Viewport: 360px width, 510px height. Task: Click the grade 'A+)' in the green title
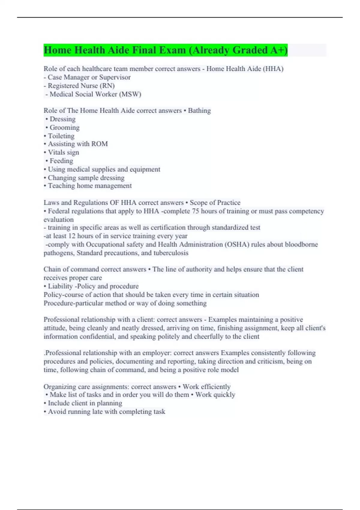tap(279, 50)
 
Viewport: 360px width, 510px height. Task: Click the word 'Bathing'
tap(199, 111)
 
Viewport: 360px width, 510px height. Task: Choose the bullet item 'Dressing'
tap(62, 119)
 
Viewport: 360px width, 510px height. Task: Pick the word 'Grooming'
tap(64, 127)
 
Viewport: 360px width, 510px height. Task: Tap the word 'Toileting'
tap(61, 136)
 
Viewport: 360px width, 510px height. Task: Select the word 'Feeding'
tap(61, 161)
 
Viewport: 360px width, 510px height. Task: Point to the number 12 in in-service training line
tap(72, 236)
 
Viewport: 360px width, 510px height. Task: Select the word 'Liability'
tap(60, 286)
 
